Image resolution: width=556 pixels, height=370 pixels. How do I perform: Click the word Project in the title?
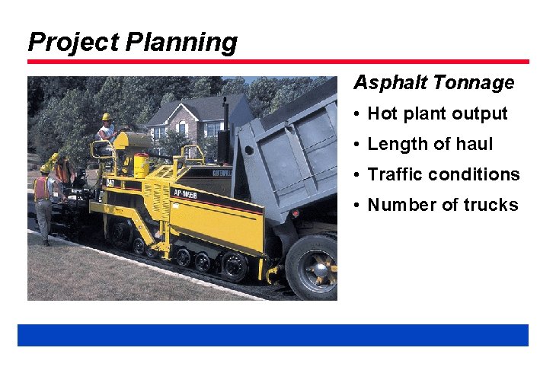pyautogui.click(x=73, y=42)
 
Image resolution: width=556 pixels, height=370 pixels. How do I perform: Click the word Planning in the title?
pyautogui.click(x=181, y=42)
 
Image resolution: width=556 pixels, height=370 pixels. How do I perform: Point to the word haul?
pyautogui.click(x=474, y=144)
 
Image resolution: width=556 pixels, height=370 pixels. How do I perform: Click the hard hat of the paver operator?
pyautogui.click(x=106, y=117)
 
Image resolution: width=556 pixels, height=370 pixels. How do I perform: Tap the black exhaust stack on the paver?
pyautogui.click(x=225, y=148)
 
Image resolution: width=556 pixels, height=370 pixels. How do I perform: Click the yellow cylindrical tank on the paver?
pyautogui.click(x=141, y=165)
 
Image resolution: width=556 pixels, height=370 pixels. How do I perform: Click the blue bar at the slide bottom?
pyautogui.click(x=273, y=335)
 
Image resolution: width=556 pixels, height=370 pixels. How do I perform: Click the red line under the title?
pyautogui.click(x=278, y=62)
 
